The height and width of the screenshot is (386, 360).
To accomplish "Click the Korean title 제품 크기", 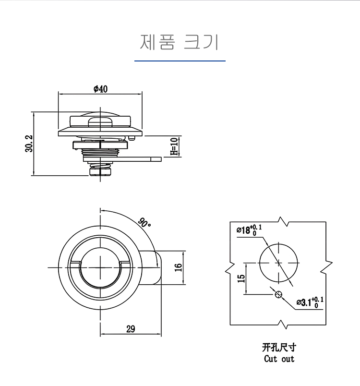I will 180,42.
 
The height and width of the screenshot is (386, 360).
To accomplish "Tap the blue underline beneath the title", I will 180,61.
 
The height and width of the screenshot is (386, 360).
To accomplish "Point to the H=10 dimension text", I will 174,146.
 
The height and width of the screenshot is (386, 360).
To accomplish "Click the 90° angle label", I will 144,223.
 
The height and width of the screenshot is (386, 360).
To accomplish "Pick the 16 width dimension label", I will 178,267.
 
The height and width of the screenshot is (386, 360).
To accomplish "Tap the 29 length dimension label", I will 130,329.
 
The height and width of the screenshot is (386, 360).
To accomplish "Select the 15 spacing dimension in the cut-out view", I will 241,277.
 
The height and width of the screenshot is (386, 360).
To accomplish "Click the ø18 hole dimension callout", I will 249,229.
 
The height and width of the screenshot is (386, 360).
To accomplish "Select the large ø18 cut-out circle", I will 278,262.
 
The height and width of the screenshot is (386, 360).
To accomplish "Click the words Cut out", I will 279,359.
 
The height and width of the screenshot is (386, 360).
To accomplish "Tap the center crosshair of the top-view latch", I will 100,267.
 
